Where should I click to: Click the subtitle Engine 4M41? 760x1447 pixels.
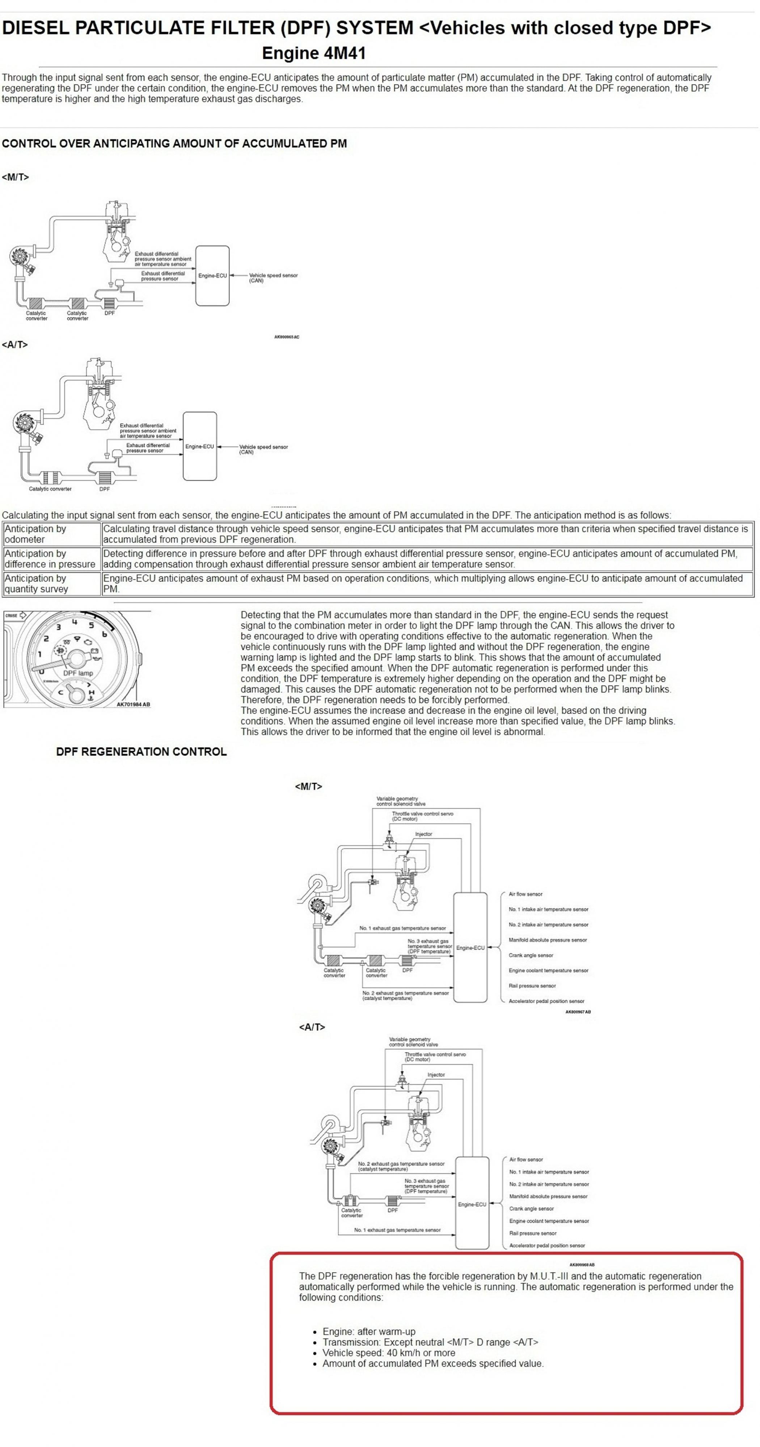coord(314,54)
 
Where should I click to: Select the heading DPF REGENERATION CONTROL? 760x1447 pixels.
coord(141,752)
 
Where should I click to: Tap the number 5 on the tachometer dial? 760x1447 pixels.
coord(91,625)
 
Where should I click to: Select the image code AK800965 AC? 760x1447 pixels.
coord(287,337)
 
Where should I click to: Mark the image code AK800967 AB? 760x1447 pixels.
coord(578,1012)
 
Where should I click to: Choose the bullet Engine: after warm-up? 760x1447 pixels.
coord(369,1331)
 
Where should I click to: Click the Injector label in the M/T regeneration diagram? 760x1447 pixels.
coord(423,834)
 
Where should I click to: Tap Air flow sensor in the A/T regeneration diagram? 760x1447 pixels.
coord(526,1159)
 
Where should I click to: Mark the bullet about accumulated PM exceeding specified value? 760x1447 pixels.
coord(433,1363)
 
